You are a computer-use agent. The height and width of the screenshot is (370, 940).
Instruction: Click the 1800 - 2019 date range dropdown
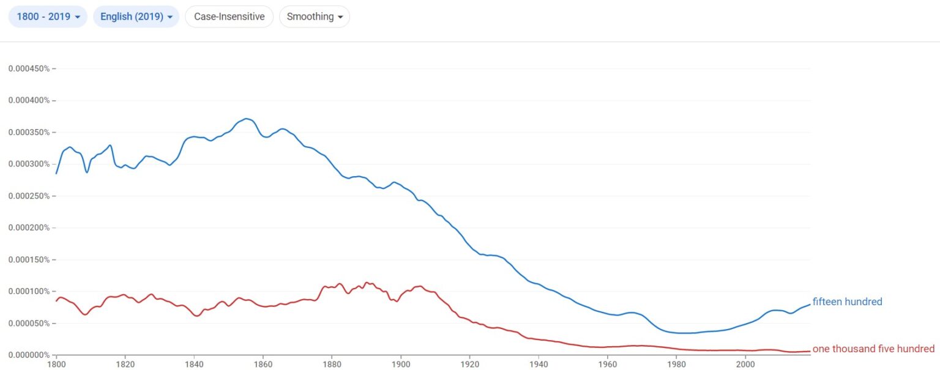[x=48, y=17]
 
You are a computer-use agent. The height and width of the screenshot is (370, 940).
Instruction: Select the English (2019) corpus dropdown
[x=136, y=17]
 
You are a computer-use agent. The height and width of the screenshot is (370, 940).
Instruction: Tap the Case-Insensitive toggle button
[x=229, y=17]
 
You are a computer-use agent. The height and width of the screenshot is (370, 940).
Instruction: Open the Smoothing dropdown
[x=314, y=17]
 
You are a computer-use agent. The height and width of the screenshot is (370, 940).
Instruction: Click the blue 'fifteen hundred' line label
[x=847, y=302]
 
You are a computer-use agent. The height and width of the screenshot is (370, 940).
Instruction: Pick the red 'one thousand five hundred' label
[x=873, y=349]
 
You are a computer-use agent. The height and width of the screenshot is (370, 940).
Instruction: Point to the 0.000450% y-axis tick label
[x=29, y=68]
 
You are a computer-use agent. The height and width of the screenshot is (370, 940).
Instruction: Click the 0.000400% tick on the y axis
[x=29, y=100]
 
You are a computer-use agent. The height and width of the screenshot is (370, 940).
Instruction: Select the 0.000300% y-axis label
[x=29, y=164]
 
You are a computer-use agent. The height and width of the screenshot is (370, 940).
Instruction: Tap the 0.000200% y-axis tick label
[x=29, y=228]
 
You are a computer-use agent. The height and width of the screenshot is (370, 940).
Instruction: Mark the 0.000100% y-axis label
[x=29, y=291]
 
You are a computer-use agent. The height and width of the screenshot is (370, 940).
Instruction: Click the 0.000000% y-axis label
[x=29, y=355]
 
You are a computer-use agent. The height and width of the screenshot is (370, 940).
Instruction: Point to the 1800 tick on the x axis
[x=56, y=364]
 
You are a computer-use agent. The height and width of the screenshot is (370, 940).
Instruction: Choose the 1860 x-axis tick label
[x=263, y=364]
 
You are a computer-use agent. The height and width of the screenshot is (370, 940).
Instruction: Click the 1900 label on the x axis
[x=401, y=364]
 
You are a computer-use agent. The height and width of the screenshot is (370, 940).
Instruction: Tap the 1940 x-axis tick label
[x=539, y=364]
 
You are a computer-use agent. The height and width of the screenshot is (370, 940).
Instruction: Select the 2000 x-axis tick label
[x=745, y=364]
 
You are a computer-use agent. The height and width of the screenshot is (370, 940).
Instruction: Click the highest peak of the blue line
[x=246, y=119]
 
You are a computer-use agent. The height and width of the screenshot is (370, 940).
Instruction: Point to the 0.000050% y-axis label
[x=29, y=323]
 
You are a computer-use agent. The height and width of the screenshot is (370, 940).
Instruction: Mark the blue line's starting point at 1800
[x=56, y=174]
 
